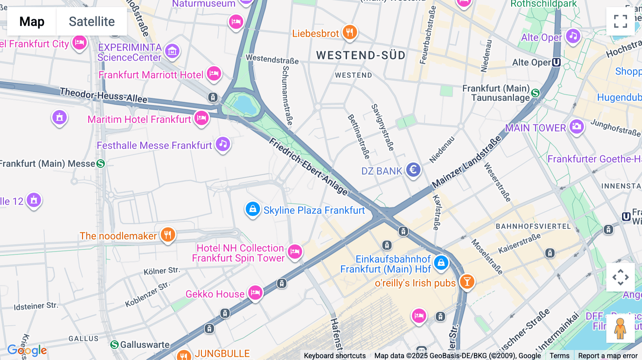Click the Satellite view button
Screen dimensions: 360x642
click(92, 21)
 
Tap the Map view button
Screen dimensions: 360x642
click(32, 21)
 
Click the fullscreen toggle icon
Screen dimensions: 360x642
click(620, 21)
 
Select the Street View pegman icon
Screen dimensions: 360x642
click(620, 328)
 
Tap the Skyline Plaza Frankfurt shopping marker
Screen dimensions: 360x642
click(253, 209)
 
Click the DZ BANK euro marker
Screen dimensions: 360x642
click(413, 170)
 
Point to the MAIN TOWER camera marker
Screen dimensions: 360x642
click(576, 127)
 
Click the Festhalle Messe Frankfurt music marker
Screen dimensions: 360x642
click(223, 144)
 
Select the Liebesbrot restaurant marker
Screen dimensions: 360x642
click(350, 32)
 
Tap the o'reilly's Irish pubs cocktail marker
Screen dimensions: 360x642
click(467, 282)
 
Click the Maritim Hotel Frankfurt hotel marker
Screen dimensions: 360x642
click(202, 118)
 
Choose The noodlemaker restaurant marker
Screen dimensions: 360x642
click(168, 235)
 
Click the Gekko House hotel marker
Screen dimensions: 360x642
click(255, 293)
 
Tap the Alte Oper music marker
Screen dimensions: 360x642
click(573, 36)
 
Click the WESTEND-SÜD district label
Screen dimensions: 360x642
click(361, 55)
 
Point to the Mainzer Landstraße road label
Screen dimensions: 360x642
click(467, 163)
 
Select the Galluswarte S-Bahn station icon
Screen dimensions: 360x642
click(114, 345)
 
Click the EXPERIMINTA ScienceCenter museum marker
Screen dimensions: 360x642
click(172, 52)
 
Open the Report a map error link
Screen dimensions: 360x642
click(607, 356)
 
